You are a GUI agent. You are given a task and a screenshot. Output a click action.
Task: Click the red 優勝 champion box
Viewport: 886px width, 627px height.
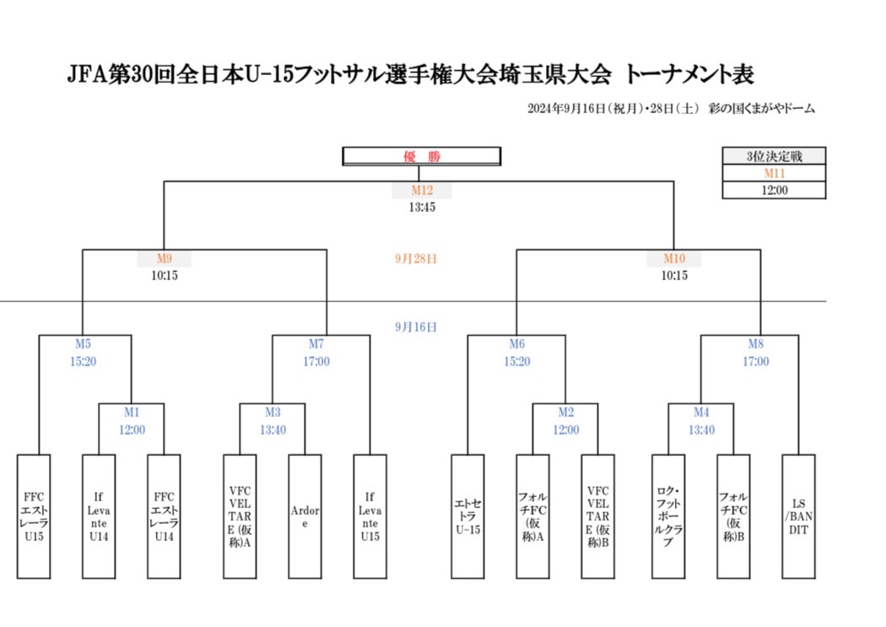421,156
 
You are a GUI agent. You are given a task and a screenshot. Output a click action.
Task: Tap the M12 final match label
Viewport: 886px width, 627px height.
422,191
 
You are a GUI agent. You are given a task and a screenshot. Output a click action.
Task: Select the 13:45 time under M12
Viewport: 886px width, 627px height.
422,207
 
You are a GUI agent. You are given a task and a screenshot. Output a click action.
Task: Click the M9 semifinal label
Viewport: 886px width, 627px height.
164,259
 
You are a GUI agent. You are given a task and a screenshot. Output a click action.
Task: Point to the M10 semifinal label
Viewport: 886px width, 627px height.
673,259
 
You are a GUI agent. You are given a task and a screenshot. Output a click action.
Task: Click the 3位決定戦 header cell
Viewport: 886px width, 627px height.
774,156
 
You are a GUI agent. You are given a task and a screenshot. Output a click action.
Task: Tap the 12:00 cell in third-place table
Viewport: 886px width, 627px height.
774,190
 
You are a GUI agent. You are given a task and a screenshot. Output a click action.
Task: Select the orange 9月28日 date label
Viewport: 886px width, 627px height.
416,259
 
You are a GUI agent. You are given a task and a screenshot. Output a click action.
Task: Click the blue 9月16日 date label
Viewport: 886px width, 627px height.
416,327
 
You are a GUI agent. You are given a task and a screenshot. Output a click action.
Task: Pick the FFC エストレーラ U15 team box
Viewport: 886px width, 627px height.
34,516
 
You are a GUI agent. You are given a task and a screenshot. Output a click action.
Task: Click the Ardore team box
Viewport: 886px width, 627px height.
305,516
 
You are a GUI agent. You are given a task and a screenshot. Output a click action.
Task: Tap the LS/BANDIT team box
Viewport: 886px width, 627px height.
798,516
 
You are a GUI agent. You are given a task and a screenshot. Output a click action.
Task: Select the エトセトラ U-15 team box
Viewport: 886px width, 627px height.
467,516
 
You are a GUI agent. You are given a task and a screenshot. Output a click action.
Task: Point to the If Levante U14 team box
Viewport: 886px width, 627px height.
99,516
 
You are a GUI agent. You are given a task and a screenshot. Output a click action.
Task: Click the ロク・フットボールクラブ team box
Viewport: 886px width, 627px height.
668,516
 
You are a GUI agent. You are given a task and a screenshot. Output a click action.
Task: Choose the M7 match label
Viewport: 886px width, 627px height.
316,344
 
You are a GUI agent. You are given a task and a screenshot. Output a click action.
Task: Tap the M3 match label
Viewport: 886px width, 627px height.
273,413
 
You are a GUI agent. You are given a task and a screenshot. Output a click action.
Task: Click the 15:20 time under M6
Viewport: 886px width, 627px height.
517,361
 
